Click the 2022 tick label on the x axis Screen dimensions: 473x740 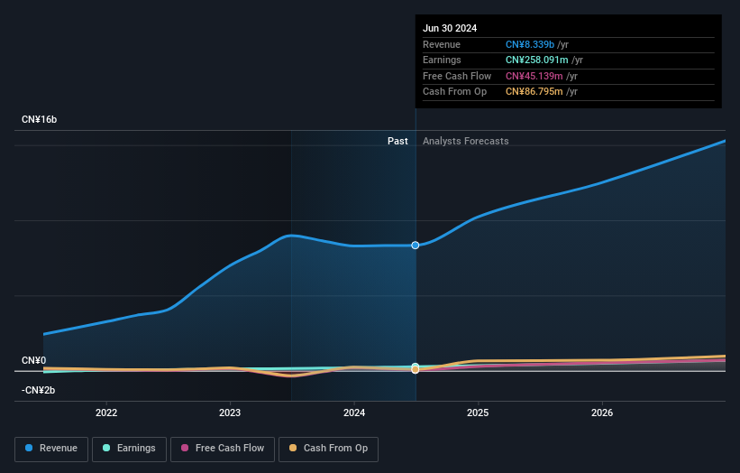pyautogui.click(x=106, y=413)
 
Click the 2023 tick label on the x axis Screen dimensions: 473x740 pyautogui.click(x=230, y=413)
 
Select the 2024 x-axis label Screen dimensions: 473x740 pyautogui.click(x=354, y=413)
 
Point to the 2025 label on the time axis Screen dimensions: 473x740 pyautogui.click(x=478, y=413)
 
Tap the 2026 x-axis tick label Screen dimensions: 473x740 pyautogui.click(x=602, y=413)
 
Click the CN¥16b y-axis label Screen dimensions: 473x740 pyautogui.click(x=40, y=119)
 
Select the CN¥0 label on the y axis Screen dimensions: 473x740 pyautogui.click(x=33, y=360)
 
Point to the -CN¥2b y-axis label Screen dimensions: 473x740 pyautogui.click(x=38, y=390)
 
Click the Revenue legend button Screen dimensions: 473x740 pyautogui.click(x=51, y=449)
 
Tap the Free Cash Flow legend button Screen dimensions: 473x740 pyautogui.click(x=223, y=449)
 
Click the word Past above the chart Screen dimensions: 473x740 pyautogui.click(x=397, y=141)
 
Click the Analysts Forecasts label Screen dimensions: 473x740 pyautogui.click(x=465, y=141)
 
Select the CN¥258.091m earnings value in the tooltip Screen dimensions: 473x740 pyautogui.click(x=537, y=60)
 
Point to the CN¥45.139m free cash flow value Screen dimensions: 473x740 pyautogui.click(x=534, y=76)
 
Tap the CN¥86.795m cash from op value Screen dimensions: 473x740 pyautogui.click(x=534, y=91)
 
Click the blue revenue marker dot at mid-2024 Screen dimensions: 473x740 pyautogui.click(x=416, y=246)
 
